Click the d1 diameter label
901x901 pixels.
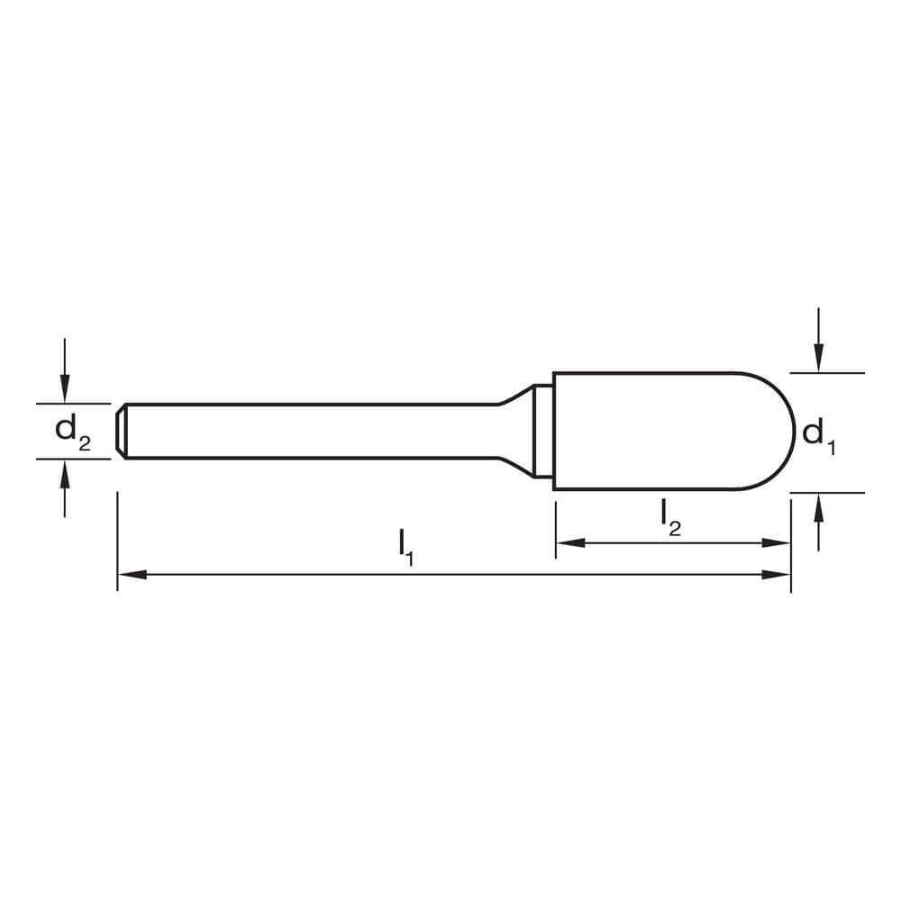819,435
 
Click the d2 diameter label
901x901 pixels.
72,431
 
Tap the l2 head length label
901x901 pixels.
669,515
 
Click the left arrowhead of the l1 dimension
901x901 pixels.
130,574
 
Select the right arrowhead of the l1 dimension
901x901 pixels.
778,574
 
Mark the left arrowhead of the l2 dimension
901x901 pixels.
568,542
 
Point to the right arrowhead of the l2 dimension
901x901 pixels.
778,542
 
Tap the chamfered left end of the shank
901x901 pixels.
121,431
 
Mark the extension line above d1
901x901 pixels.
827,372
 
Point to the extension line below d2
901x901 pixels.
72,458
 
